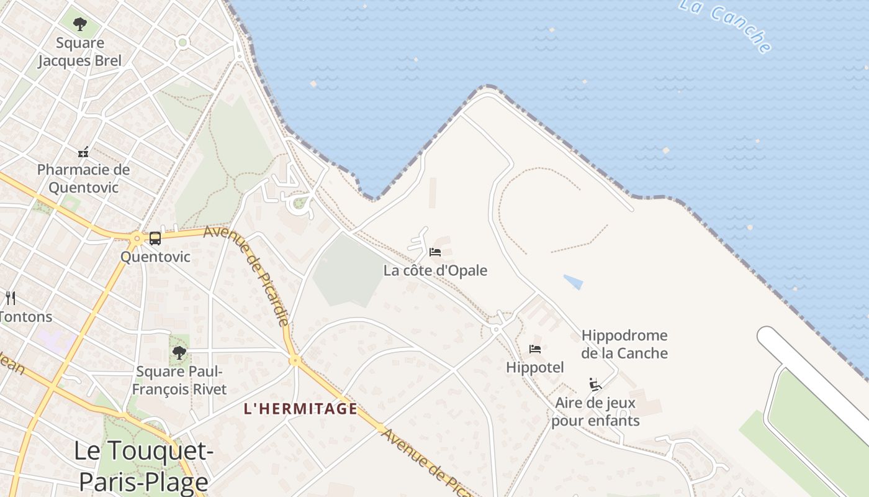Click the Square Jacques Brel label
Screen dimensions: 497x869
pos(80,52)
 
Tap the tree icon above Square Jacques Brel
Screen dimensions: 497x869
pos(79,25)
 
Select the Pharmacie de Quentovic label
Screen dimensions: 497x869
pos(83,178)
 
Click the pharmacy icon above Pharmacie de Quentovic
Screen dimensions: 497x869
pos(83,152)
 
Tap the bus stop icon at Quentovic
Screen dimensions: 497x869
pos(155,238)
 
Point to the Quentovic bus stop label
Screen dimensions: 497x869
pos(155,257)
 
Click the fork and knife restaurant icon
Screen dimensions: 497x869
pos(10,298)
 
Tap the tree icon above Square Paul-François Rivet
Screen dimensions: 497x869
pos(179,353)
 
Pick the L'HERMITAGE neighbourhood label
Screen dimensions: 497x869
pos(300,409)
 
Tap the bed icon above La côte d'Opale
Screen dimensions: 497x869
pos(435,252)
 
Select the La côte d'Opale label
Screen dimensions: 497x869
pos(435,271)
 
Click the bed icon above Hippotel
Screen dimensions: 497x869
pos(535,349)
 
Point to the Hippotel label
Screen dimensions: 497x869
pos(535,367)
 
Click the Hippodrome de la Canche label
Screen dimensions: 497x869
pos(624,344)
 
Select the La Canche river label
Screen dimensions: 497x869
pos(725,25)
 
